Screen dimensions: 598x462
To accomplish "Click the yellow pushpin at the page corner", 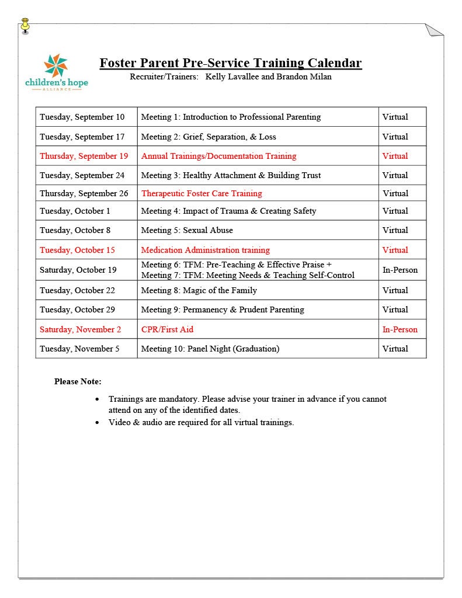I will pyautogui.click(x=25, y=25).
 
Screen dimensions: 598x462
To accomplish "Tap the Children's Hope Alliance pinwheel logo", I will pyautogui.click(x=56, y=65).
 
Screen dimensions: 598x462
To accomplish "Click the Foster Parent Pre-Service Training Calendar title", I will pyautogui.click(x=230, y=63).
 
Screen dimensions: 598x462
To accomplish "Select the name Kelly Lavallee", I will pyautogui.click(x=232, y=77).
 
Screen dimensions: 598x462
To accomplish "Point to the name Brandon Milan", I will pyautogui.click(x=304, y=77).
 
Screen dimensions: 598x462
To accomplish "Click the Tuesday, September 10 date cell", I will pyautogui.click(x=82, y=117).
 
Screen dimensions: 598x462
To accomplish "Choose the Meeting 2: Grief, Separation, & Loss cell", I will pyautogui.click(x=209, y=137).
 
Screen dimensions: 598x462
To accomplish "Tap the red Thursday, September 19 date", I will pyautogui.click(x=84, y=156).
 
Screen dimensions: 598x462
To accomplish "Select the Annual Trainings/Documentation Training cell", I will pyautogui.click(x=218, y=156).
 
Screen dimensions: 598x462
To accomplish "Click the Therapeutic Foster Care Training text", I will pyautogui.click(x=202, y=193).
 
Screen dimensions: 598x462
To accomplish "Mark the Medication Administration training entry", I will pyautogui.click(x=206, y=250).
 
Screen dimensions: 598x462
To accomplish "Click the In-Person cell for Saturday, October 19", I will pyautogui.click(x=400, y=270).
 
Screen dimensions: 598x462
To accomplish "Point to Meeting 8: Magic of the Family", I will pyautogui.click(x=199, y=290).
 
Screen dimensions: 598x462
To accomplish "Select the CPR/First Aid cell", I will pyautogui.click(x=167, y=329).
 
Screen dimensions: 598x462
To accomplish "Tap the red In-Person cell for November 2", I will pyautogui.click(x=400, y=329).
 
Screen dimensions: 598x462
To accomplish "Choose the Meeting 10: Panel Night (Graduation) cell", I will pyautogui.click(x=210, y=349).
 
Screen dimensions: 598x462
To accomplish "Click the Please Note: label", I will pyautogui.click(x=78, y=381).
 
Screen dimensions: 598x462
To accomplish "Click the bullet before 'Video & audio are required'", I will pyautogui.click(x=98, y=422).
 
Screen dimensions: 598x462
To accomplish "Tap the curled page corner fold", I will pyautogui.click(x=435, y=31).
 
